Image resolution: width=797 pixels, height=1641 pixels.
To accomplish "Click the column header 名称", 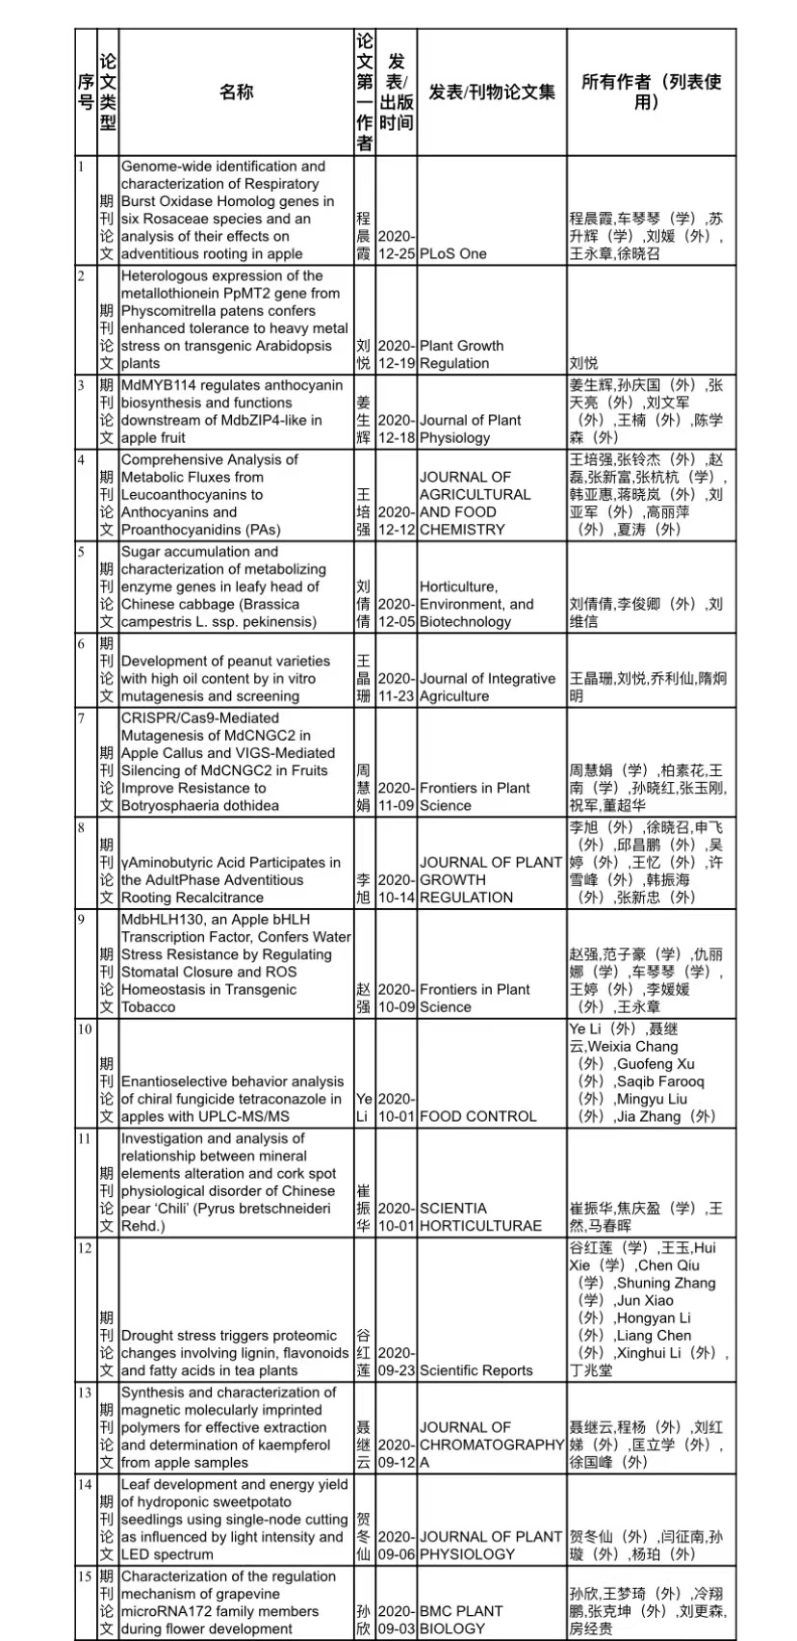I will pyautogui.click(x=236, y=92).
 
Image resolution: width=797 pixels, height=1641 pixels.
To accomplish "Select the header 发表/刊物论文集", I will pyautogui.click(x=491, y=92).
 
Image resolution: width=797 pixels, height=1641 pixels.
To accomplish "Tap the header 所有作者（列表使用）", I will pyautogui.click(x=651, y=92).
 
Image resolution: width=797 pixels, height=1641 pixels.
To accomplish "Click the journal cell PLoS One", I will pyautogui.click(x=453, y=254).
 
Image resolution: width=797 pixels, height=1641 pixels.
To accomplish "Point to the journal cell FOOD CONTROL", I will pyautogui.click(x=477, y=1116).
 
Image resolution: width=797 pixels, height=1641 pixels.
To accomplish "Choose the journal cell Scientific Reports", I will pyautogui.click(x=476, y=1370).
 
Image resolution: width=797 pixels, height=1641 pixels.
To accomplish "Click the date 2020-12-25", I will pyautogui.click(x=396, y=245).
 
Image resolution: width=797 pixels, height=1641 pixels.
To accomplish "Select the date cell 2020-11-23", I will pyautogui.click(x=396, y=687).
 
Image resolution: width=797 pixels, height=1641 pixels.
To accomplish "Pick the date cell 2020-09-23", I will pyautogui.click(x=396, y=1362).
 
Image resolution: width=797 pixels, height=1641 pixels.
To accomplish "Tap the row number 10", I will pyautogui.click(x=86, y=1029).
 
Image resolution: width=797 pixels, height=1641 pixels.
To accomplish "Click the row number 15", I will pyautogui.click(x=86, y=1576).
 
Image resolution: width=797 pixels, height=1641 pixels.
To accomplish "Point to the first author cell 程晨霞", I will pyautogui.click(x=364, y=236).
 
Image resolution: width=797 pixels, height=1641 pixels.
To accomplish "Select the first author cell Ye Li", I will pyautogui.click(x=364, y=1107).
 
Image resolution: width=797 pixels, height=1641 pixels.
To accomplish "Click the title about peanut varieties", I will pyautogui.click(x=225, y=678).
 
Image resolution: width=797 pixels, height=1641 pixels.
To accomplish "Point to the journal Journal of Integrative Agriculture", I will pyautogui.click(x=487, y=687).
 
